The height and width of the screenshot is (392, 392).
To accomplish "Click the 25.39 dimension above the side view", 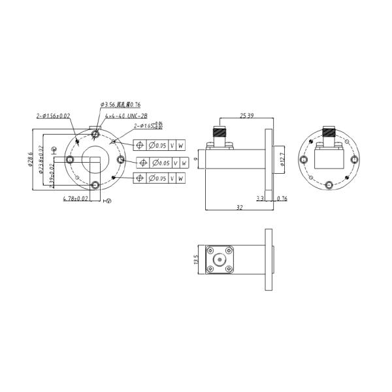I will point(247,116).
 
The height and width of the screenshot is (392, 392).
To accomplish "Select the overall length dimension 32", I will point(239,207).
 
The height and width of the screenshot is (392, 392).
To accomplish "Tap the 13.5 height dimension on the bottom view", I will point(195,259).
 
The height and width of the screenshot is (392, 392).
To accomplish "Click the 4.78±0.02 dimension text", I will point(75,198).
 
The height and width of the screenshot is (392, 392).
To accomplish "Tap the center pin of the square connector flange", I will point(219,259).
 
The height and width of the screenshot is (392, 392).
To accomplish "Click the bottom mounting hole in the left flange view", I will point(96,185).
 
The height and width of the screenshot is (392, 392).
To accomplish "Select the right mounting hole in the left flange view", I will point(120,160).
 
